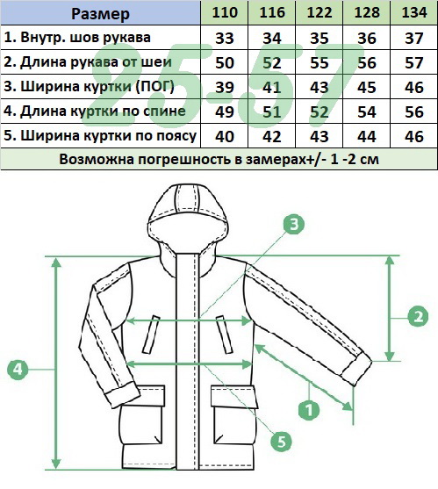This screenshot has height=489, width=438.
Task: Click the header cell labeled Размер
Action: pyautogui.click(x=100, y=14)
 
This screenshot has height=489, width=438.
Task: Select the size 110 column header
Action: pyautogui.click(x=225, y=13)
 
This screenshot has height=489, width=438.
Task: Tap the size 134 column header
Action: pyautogui.click(x=414, y=13)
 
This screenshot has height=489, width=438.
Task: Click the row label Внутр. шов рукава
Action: pyautogui.click(x=77, y=38)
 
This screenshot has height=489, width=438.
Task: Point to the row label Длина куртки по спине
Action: pyautogui.click(x=95, y=111)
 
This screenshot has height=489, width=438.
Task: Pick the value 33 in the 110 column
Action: pyautogui.click(x=225, y=39)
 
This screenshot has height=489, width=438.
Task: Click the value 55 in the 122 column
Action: pyautogui.click(x=320, y=63)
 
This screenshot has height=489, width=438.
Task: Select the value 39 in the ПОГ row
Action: pyautogui.click(x=225, y=87)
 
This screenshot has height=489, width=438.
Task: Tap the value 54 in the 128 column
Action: pyautogui.click(x=367, y=112)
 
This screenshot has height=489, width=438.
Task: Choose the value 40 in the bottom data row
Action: pyautogui.click(x=225, y=137)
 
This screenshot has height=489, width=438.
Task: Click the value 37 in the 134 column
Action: pyautogui.click(x=414, y=39)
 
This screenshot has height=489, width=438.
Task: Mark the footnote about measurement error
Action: pyautogui.click(x=219, y=160)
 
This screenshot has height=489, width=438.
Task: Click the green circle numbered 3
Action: pyautogui.click(x=294, y=224)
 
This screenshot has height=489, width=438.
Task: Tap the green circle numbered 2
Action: pyautogui.click(x=419, y=317)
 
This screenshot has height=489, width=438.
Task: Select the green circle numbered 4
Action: pyautogui.click(x=18, y=370)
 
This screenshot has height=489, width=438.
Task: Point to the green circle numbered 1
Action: pyautogui.click(x=309, y=409)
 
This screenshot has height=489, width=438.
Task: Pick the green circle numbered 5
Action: pyautogui.click(x=282, y=442)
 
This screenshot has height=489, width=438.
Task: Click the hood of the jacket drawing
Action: pyautogui.click(x=189, y=215)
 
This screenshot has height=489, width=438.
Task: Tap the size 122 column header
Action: pyautogui.click(x=320, y=13)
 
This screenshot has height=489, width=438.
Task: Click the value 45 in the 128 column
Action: pyautogui.click(x=367, y=87)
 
